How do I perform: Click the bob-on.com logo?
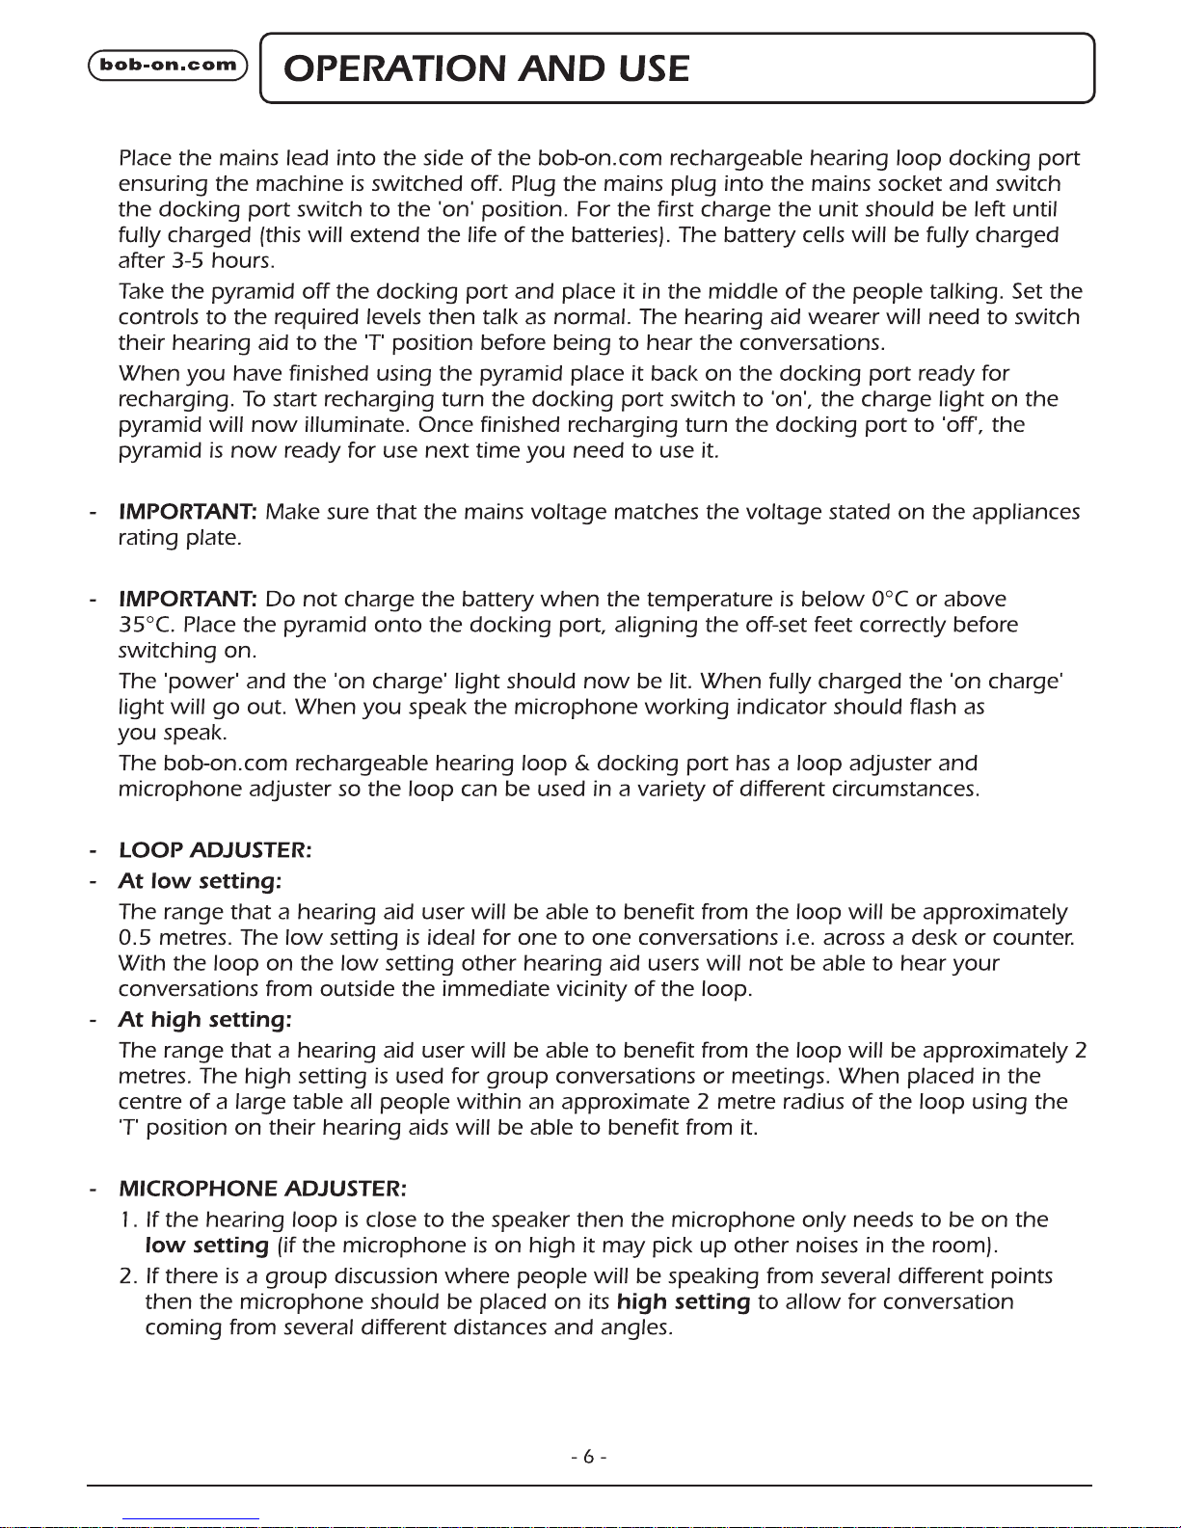coord(168,66)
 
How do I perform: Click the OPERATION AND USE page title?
coord(488,68)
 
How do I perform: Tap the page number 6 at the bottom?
coord(588,1457)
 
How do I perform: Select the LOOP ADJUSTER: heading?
coord(215,850)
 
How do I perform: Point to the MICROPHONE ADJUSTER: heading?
coord(262,1188)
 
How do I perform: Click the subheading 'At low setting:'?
coord(200,881)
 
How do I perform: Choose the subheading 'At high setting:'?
coord(204,1019)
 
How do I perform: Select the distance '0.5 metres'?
coord(175,937)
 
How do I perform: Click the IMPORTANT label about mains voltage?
coord(187,512)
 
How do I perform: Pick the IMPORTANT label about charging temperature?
coord(187,599)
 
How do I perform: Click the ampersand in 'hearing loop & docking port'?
coord(581,764)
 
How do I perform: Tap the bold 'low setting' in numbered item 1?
coord(206,1246)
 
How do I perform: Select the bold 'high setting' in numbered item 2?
coord(684,1302)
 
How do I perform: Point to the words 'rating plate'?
coord(178,538)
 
